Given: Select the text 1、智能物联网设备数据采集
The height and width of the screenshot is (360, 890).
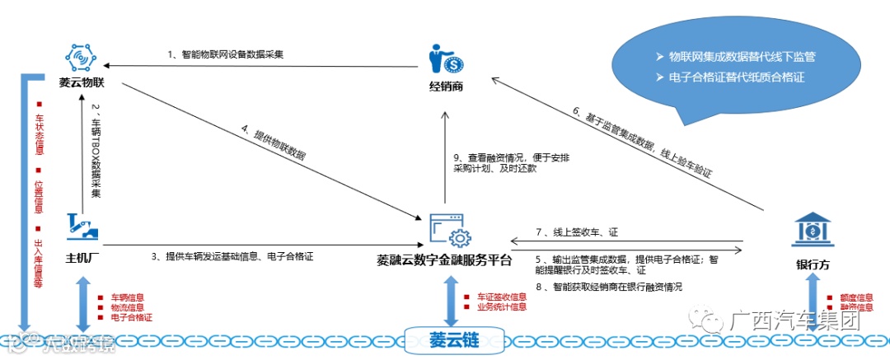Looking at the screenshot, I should pyautogui.click(x=225, y=55).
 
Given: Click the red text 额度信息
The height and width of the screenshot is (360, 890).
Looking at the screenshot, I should pyautogui.click(x=856, y=297).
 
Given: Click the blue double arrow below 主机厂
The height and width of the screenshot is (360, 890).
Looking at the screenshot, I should pyautogui.click(x=82, y=302).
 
